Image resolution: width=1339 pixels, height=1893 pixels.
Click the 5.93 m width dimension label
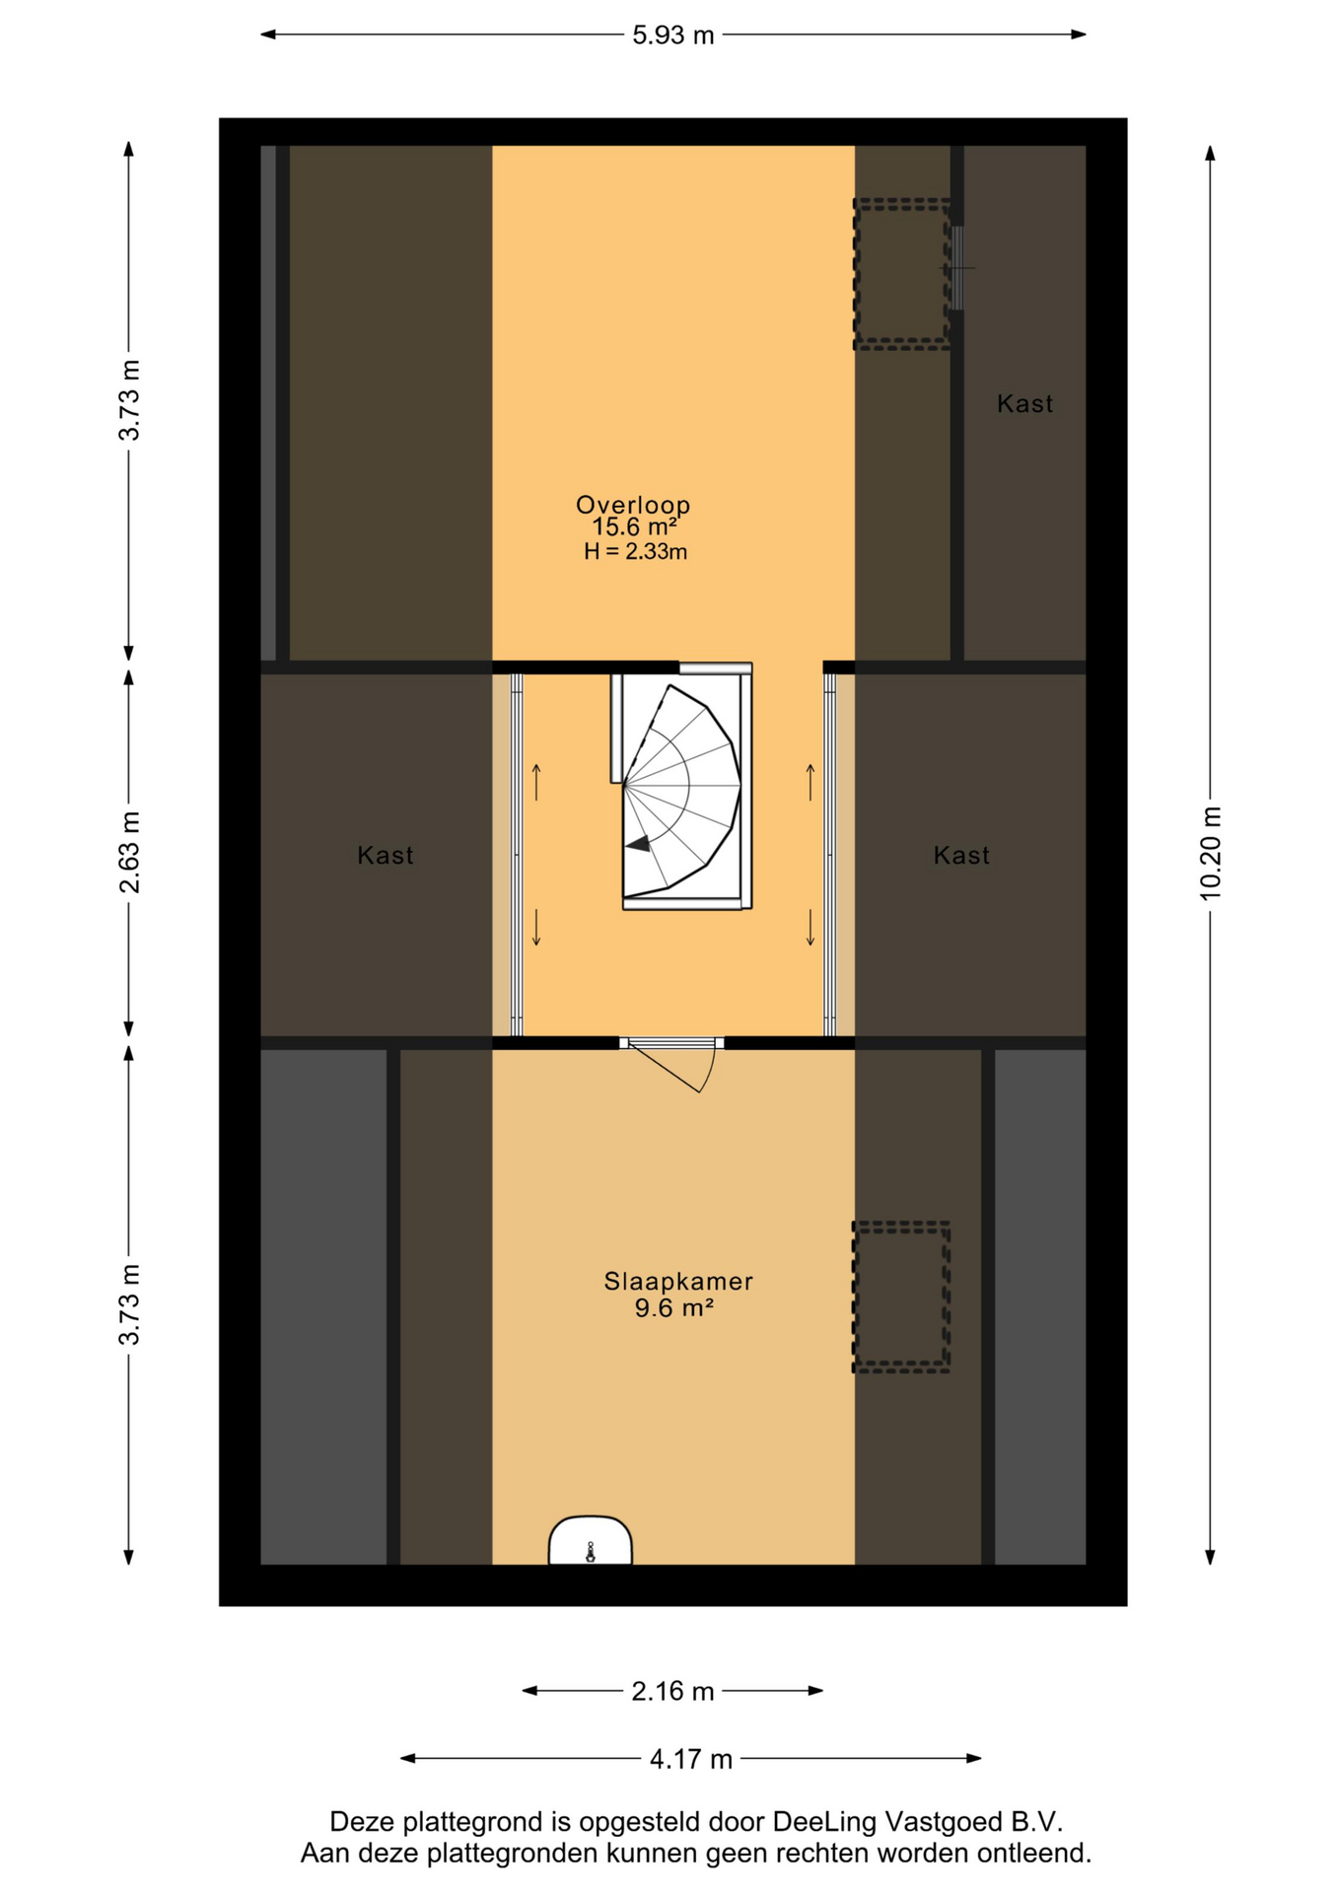[672, 35]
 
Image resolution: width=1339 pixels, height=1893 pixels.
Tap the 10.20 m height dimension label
[1211, 853]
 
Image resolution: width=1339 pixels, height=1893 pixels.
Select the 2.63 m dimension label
[129, 852]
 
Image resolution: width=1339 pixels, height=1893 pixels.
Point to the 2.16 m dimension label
[672, 1691]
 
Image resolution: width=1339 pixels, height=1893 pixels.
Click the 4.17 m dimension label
[690, 1759]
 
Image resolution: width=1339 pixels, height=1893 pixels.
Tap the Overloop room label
[633, 505]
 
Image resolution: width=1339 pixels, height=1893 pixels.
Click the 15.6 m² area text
[634, 527]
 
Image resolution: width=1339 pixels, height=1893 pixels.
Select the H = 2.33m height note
[635, 552]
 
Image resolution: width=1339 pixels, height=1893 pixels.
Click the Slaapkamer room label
[678, 1282]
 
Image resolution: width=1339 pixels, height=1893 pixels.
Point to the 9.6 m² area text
[673, 1308]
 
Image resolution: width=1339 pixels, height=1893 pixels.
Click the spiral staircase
[681, 787]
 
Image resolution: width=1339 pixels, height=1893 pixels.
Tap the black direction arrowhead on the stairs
[638, 843]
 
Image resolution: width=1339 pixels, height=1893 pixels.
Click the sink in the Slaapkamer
[590, 1540]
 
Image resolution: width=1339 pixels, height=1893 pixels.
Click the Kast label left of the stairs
[386, 855]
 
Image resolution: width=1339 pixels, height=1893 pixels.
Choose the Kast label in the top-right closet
[1024, 403]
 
